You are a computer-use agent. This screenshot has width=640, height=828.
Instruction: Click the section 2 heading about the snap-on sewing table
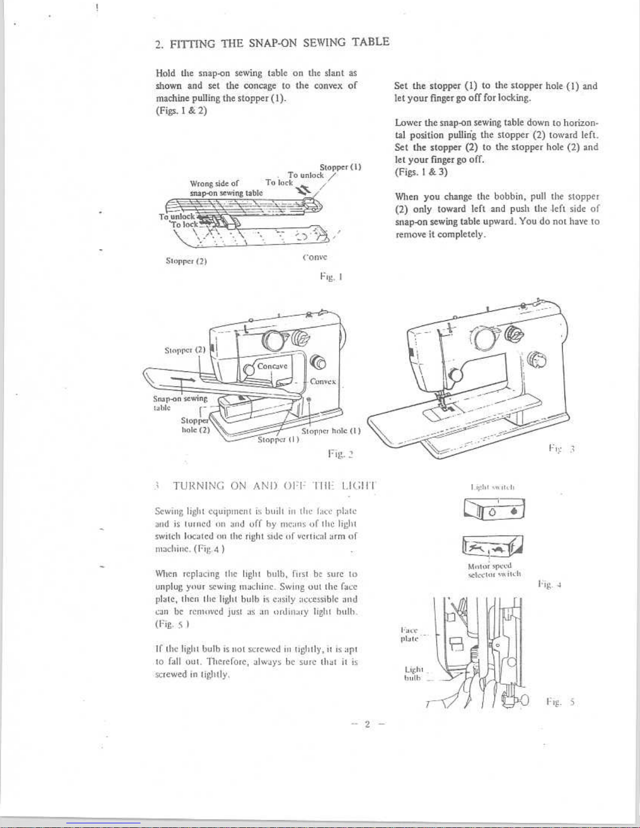coord(273,42)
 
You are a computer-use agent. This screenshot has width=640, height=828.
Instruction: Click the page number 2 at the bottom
coord(367,724)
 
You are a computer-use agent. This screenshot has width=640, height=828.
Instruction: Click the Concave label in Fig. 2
coord(272,366)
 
